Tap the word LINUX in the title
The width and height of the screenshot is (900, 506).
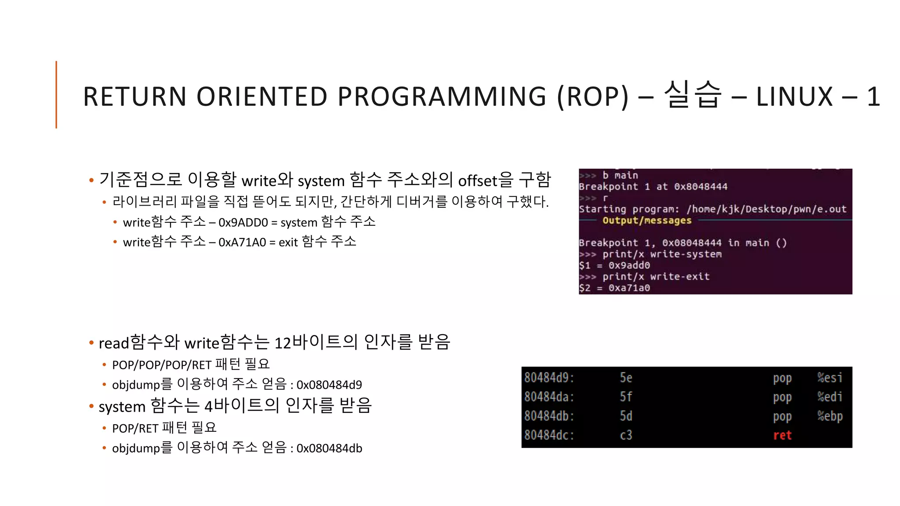click(x=794, y=97)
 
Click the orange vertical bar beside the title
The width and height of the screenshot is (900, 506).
click(x=56, y=94)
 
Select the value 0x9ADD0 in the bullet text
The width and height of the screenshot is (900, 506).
click(x=243, y=223)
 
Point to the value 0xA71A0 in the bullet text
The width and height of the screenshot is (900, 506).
click(x=242, y=242)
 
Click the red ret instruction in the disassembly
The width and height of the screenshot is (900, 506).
click(x=782, y=435)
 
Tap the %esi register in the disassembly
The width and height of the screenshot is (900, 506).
click(x=830, y=378)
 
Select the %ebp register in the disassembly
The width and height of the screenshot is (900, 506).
click(x=830, y=416)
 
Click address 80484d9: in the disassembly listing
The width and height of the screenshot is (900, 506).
click(x=549, y=378)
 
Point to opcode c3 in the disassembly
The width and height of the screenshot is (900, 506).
click(x=626, y=435)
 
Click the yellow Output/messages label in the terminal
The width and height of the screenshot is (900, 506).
click(x=647, y=220)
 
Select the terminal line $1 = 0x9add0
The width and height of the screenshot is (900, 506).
click(x=614, y=265)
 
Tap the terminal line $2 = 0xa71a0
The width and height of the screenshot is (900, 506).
click(x=614, y=288)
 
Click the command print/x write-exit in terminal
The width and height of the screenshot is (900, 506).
click(x=656, y=277)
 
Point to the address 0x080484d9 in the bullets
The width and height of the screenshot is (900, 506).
click(x=329, y=385)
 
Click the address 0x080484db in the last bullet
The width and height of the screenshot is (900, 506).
click(x=329, y=448)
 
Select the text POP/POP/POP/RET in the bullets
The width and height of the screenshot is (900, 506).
click(x=162, y=365)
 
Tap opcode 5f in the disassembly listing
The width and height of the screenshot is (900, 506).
click(x=626, y=397)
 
